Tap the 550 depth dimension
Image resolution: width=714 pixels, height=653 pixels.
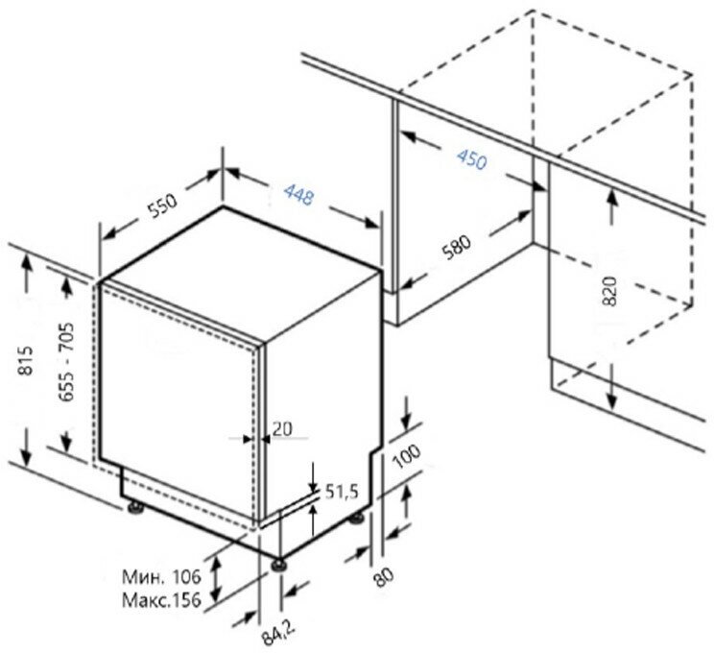161,208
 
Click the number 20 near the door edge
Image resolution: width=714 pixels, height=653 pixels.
281,429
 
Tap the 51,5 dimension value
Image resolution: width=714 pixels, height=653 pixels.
342,492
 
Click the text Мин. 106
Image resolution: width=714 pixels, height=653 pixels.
160,576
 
